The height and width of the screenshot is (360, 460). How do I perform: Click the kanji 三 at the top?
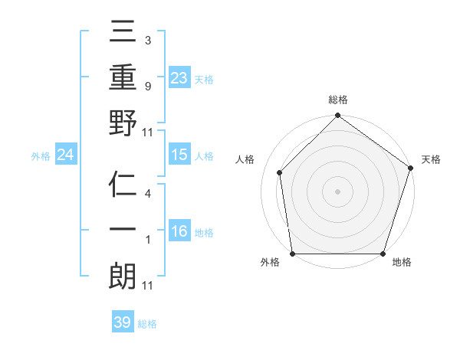coord(123,34)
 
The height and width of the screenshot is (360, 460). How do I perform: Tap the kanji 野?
coord(123,124)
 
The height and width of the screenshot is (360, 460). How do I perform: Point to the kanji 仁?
coord(123,185)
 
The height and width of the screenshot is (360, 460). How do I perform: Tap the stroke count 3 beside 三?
coord(148,39)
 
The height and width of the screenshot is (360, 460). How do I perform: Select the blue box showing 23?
coord(179,77)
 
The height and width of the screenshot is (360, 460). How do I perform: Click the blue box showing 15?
coord(179,155)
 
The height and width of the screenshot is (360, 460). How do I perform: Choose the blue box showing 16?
coord(179,231)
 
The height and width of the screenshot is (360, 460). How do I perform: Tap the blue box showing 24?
coord(65,155)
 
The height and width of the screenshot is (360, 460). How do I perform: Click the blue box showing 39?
coord(123,322)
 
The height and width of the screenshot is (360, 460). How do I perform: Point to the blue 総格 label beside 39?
coord(147,324)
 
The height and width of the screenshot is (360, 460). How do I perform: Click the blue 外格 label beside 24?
coord(41,155)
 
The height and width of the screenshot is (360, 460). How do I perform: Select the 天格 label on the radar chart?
coord(432,159)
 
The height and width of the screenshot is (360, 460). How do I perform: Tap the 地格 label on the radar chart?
coord(402,263)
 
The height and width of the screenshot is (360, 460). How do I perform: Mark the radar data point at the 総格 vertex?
coord(337,116)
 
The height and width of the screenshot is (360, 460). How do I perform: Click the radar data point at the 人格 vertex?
coord(280,172)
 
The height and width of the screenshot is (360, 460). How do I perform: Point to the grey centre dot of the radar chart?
coord(337,191)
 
